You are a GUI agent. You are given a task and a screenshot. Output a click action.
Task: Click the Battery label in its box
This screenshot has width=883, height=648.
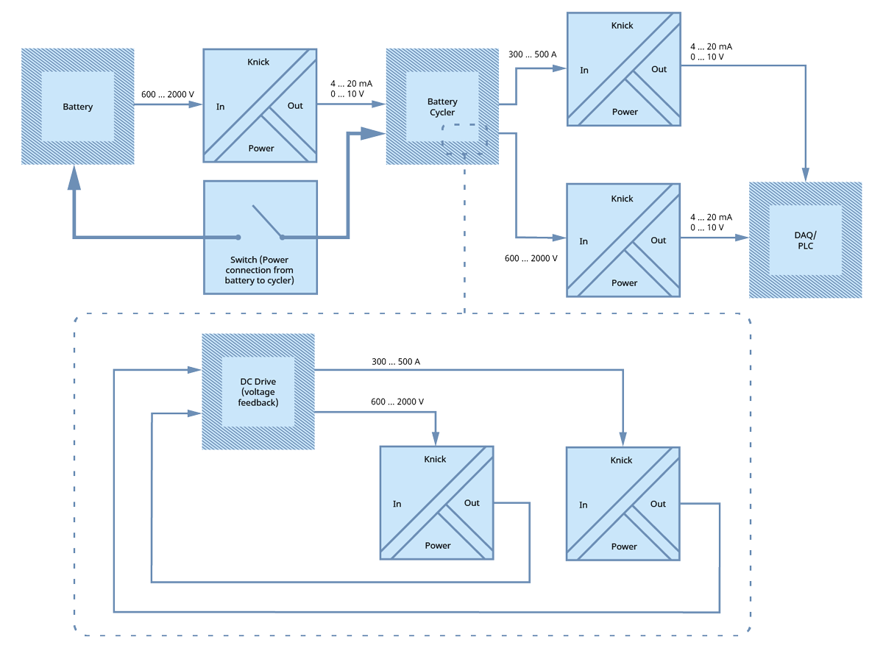(x=77, y=107)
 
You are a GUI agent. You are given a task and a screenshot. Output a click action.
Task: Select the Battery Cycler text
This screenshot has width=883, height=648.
(x=442, y=107)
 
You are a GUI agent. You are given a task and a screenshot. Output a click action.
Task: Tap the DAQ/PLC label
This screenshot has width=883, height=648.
(x=806, y=240)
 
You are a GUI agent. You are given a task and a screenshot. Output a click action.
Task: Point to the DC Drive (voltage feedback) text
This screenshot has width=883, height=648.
(x=258, y=392)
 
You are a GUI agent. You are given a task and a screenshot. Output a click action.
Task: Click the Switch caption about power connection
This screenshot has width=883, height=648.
(x=260, y=270)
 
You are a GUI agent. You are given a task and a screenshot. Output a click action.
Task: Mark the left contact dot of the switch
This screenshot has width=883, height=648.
(x=238, y=238)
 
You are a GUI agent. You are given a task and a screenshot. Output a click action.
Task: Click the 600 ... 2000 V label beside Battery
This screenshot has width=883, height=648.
(x=168, y=95)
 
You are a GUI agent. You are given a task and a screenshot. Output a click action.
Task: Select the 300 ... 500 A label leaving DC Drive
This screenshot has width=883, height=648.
(x=396, y=362)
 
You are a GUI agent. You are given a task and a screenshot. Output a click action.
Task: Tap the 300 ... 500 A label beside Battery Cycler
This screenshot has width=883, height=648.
(x=532, y=54)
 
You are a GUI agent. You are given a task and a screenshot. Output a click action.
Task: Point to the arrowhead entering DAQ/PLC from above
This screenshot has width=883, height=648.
(x=806, y=175)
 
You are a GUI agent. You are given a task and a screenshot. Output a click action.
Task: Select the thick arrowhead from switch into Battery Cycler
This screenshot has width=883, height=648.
(x=377, y=134)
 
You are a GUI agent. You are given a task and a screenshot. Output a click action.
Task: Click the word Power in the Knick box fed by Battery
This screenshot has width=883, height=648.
(x=261, y=148)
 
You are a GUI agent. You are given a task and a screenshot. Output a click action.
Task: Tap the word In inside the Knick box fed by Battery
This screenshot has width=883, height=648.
(x=220, y=107)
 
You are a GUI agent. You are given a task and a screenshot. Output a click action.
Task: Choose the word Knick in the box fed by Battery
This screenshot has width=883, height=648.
(x=258, y=62)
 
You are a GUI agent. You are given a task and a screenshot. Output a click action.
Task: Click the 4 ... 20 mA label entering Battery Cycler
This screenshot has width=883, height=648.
(x=351, y=84)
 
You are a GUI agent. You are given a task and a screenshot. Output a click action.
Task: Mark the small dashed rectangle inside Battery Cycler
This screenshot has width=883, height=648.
(x=464, y=139)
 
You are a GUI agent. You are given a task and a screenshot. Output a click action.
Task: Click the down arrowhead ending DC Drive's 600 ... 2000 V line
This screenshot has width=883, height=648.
(x=436, y=439)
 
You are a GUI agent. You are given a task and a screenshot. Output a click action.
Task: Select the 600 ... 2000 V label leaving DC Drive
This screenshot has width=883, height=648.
(x=397, y=402)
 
